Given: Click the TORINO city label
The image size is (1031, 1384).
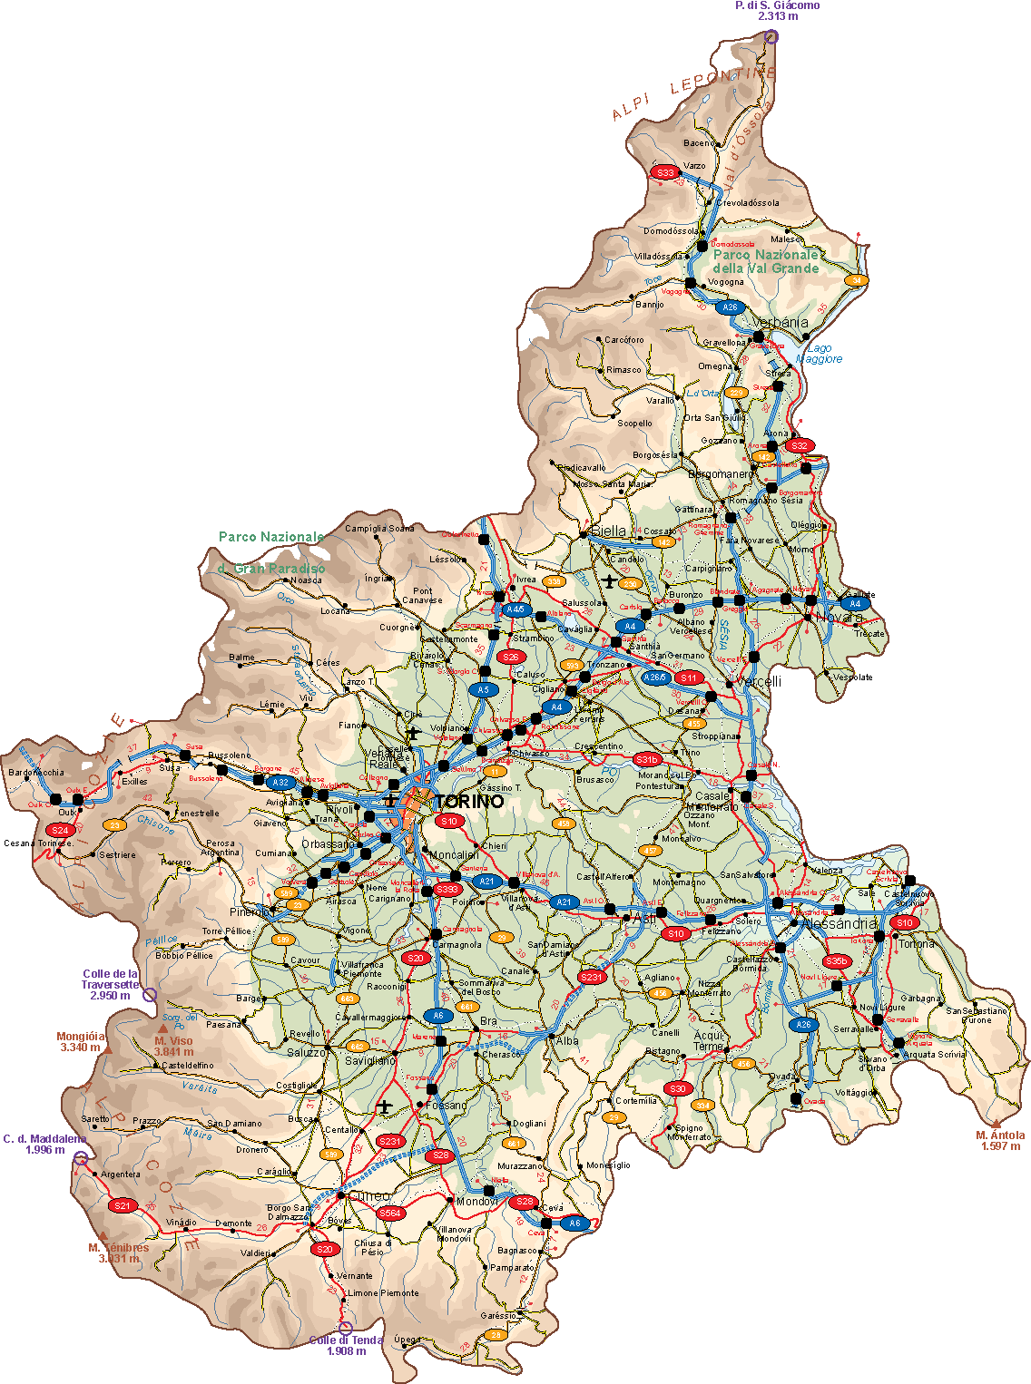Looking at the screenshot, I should pos(468,802).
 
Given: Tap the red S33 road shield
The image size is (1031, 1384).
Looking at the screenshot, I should pos(665,172).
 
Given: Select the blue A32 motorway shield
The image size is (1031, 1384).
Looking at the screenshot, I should pos(280,783).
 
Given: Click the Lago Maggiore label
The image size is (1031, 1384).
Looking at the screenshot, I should pos(819,354).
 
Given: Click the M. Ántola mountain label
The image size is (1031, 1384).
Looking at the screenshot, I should pos(1000,1140).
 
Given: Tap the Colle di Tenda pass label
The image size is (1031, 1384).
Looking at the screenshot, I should pos(346,1345).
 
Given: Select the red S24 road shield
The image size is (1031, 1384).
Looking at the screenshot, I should pos(60,830).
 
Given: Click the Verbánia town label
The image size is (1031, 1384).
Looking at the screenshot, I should pos(780,323).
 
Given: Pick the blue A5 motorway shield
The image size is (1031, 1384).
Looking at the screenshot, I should pos(484,690).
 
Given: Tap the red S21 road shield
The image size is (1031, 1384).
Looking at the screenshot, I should pos(122,1205).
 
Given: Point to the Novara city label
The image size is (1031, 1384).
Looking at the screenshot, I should pos(839,618).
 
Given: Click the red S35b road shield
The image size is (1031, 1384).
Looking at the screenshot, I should pos(836,961).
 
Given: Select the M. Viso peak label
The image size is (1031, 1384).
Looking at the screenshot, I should pos(173,1047).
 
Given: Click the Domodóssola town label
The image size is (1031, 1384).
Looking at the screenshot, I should pos(672,231).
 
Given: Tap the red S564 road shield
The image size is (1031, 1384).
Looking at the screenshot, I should pos(390,1213).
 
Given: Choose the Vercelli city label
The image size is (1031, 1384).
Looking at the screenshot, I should pos(758,682).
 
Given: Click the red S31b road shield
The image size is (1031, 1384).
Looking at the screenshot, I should pos(646,759).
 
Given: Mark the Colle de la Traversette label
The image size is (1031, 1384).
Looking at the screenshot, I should pos(111,984).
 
